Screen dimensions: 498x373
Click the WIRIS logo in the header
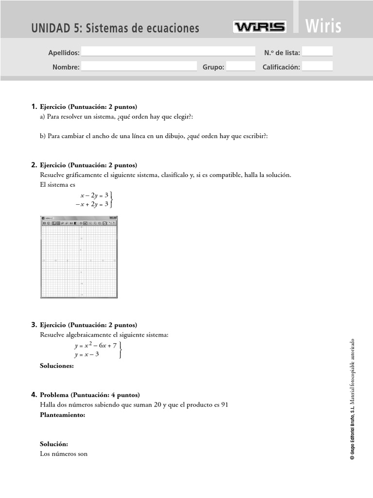[x=259, y=27]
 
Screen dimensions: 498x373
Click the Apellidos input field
[x=168, y=52]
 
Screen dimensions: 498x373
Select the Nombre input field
[x=139, y=67]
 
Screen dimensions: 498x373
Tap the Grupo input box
[x=240, y=67]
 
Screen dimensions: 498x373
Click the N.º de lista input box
[x=318, y=52]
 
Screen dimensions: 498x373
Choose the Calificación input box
[x=318, y=67]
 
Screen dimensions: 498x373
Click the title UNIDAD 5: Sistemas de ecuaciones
[x=115, y=28]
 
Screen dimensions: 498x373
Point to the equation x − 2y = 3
[x=94, y=195]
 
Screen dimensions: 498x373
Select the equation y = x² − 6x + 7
[x=95, y=345]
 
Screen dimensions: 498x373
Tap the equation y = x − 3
[x=87, y=355]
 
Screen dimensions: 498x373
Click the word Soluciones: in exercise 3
[x=57, y=366]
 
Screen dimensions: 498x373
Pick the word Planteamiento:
[x=63, y=415]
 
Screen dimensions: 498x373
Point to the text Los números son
[x=64, y=454]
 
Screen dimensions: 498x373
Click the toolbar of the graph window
[x=79, y=223]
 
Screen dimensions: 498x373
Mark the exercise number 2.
[x=34, y=165]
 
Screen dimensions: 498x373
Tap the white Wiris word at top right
[x=323, y=26]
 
